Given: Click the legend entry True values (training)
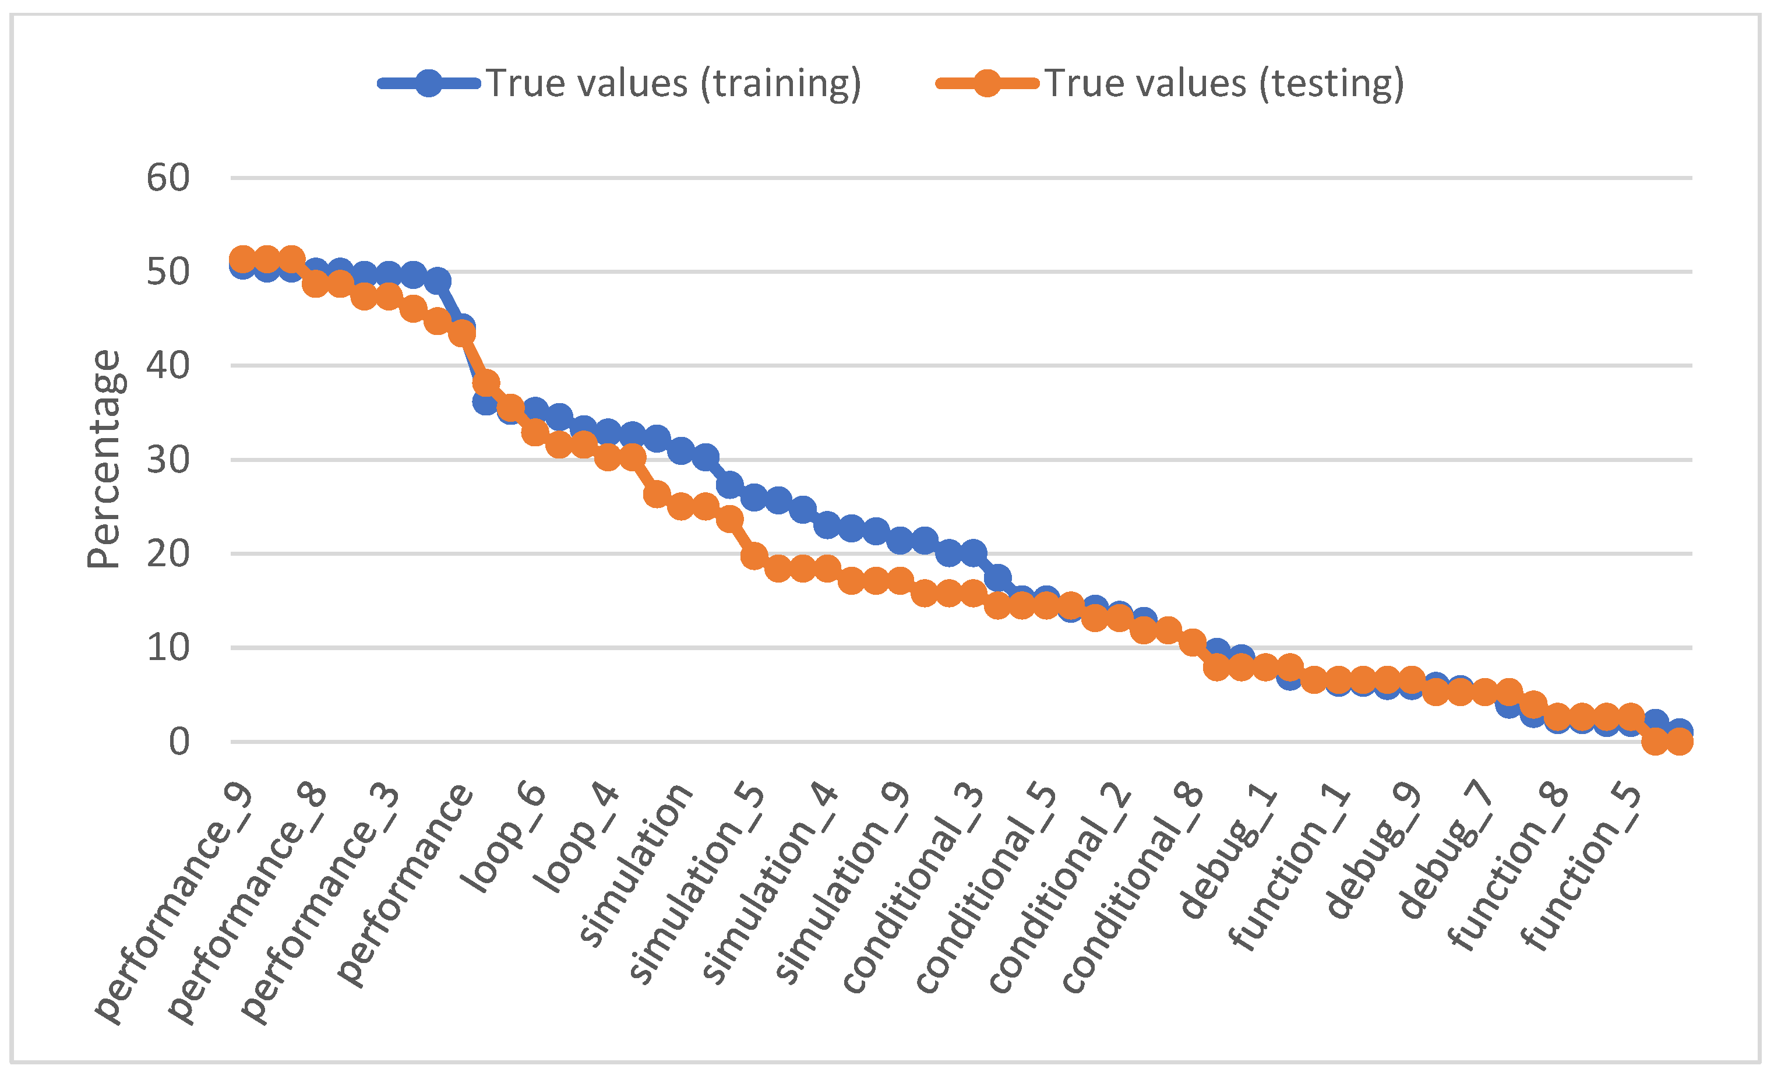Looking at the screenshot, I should [672, 83].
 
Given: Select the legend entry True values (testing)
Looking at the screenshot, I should [1223, 83].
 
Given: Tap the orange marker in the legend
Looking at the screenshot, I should [987, 83].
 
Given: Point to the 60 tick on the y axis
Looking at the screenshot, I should [168, 178].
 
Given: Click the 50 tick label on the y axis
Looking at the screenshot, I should [168, 272].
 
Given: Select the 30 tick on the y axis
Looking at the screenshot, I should [168, 460].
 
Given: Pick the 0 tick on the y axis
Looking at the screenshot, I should [178, 742].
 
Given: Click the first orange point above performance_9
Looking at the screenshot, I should [242, 260].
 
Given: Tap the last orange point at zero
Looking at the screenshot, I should [1680, 742].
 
